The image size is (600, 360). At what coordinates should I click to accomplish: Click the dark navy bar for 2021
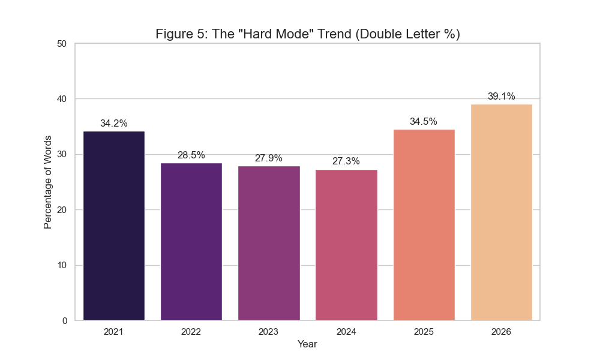[x=114, y=226]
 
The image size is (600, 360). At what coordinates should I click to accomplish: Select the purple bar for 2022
[x=191, y=241]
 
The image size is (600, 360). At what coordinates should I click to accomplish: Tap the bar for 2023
[x=269, y=243]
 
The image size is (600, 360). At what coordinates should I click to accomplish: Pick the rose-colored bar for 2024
[x=346, y=245]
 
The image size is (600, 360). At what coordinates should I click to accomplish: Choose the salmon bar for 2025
[x=424, y=225]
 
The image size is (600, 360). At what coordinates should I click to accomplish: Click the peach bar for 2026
[x=501, y=212]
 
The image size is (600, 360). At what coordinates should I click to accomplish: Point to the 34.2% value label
[x=114, y=124]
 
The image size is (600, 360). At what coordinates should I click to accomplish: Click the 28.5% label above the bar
[x=191, y=155]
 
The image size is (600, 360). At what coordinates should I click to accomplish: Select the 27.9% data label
[x=269, y=158]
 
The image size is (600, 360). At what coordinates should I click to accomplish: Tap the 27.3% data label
[x=346, y=161]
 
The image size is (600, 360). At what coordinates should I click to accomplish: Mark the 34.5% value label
[x=424, y=122]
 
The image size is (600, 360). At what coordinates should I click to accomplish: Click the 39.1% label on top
[x=501, y=97]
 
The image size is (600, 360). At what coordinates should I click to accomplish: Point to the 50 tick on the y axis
[x=62, y=44]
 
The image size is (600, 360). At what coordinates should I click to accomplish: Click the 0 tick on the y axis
[x=65, y=321]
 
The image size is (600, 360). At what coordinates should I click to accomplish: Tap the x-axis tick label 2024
[x=346, y=332]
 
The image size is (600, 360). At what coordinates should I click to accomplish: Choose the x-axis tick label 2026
[x=501, y=332]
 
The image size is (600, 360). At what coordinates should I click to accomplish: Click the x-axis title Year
[x=307, y=344]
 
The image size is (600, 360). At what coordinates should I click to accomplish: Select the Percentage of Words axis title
[x=48, y=182]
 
